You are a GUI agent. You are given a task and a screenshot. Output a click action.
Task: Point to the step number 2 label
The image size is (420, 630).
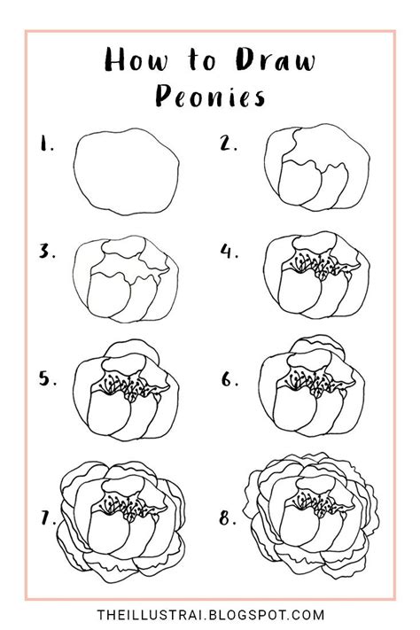click(x=229, y=144)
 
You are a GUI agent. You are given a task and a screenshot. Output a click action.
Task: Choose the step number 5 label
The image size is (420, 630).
click(x=46, y=379)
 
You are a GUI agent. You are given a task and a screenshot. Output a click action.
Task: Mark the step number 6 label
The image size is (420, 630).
click(x=230, y=379)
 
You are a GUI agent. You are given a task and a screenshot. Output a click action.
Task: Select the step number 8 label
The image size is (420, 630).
click(x=229, y=519)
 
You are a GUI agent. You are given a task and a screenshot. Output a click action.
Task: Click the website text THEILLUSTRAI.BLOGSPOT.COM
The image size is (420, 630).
click(x=210, y=614)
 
